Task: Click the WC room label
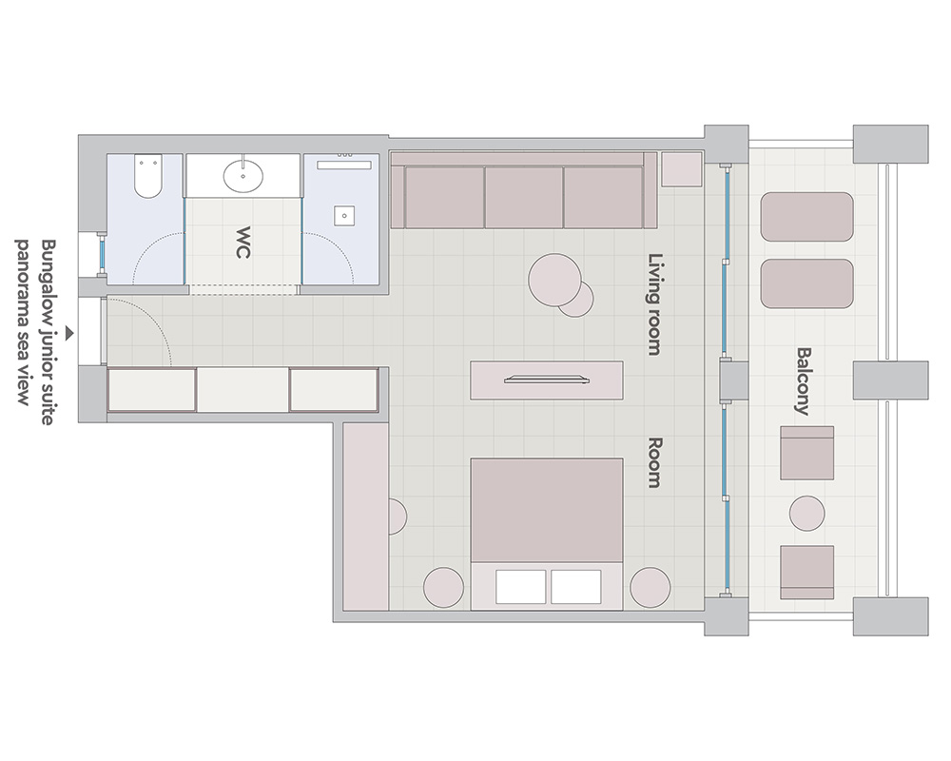tap(243, 243)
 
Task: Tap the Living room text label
tap(655, 304)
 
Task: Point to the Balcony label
tap(803, 381)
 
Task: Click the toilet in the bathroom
tap(148, 176)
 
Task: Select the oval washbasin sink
tap(243, 177)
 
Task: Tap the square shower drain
tap(344, 215)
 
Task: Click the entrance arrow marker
tap(69, 333)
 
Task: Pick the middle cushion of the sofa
tap(523, 197)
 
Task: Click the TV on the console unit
tap(547, 380)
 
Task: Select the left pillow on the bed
tap(520, 587)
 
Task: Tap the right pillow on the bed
tap(576, 587)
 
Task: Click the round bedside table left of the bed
tap(443, 588)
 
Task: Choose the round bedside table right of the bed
tap(650, 588)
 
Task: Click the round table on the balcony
tap(806, 514)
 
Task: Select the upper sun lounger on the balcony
tap(806, 217)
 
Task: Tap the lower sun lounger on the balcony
tap(806, 283)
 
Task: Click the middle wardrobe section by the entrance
tap(243, 390)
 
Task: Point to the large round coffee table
tap(554, 279)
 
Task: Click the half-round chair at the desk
tap(398, 517)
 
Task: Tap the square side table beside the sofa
tap(682, 168)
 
